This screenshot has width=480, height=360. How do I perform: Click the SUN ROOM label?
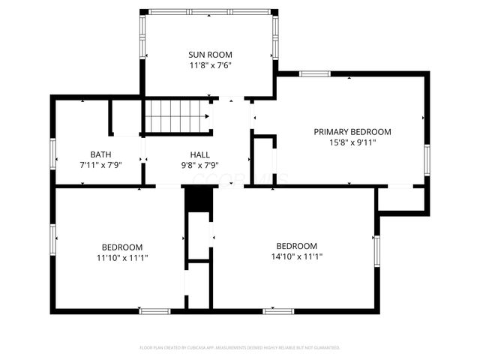(209, 55)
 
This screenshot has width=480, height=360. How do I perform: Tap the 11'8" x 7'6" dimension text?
(209, 65)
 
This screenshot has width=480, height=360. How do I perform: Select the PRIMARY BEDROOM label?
(352, 132)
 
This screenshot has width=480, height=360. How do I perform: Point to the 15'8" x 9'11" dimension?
(352, 142)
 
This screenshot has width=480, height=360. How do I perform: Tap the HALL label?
(199, 154)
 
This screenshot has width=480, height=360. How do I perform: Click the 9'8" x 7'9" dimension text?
(199, 165)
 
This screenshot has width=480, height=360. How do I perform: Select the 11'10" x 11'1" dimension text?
(122, 257)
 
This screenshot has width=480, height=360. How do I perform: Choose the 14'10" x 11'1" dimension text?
(296, 256)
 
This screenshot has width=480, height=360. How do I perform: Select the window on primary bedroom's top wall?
(314, 73)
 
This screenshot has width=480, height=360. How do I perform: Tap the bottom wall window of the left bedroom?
(155, 311)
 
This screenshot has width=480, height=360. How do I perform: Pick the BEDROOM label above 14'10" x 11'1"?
(296, 246)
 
